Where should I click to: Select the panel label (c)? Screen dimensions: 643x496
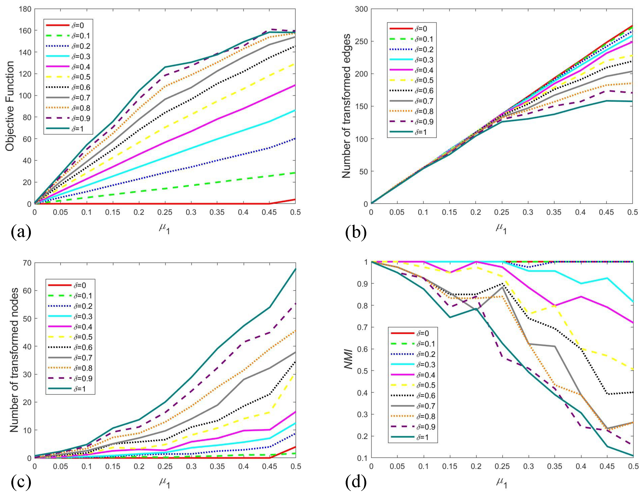[x=21, y=482]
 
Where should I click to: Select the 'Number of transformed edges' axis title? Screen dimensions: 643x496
[x=346, y=106]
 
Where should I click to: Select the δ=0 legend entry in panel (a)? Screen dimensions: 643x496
[x=65, y=25]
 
